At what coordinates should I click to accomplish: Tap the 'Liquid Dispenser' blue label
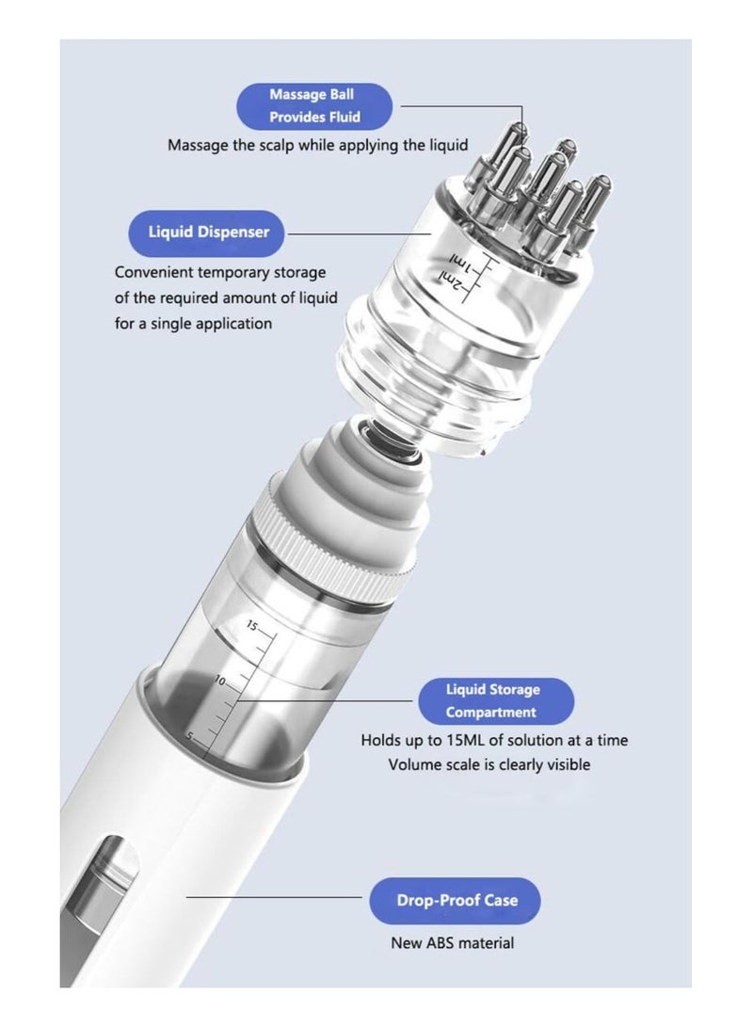(208, 233)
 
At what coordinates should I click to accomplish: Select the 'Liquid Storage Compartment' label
(493, 701)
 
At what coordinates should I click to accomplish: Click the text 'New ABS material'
(453, 942)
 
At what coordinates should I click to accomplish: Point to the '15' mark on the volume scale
(252, 625)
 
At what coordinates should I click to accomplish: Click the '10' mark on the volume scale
(220, 680)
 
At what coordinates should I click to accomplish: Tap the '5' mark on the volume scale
(188, 735)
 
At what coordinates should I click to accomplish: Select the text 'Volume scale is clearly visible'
(489, 764)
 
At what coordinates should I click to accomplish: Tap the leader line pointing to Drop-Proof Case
(273, 897)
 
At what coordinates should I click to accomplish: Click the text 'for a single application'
(193, 323)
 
